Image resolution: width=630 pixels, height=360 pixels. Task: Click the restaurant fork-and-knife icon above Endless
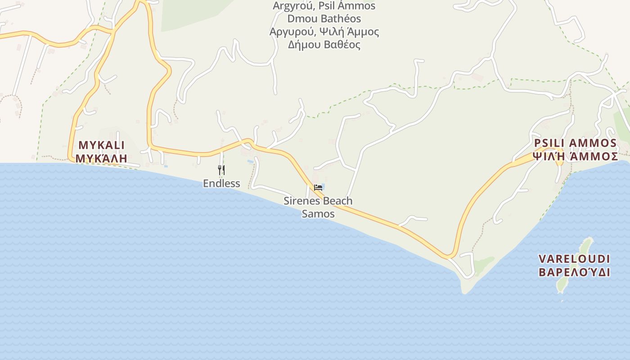point(221,170)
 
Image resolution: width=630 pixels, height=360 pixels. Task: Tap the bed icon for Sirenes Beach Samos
point(318,187)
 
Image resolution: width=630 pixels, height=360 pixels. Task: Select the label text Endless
point(221,183)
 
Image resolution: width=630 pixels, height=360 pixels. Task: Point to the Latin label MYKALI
point(101,145)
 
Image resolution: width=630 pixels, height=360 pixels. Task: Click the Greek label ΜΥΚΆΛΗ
point(101,158)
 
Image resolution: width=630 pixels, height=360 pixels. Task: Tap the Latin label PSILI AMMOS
point(575,143)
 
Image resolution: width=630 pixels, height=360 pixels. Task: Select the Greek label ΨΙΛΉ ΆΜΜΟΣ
point(575,156)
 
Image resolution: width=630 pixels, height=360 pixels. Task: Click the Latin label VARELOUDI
point(574,259)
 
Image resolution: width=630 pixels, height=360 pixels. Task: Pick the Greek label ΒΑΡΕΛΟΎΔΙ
point(574,272)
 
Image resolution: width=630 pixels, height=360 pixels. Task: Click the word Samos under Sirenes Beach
point(318,214)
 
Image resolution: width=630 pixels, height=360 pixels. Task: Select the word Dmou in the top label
point(300,19)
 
